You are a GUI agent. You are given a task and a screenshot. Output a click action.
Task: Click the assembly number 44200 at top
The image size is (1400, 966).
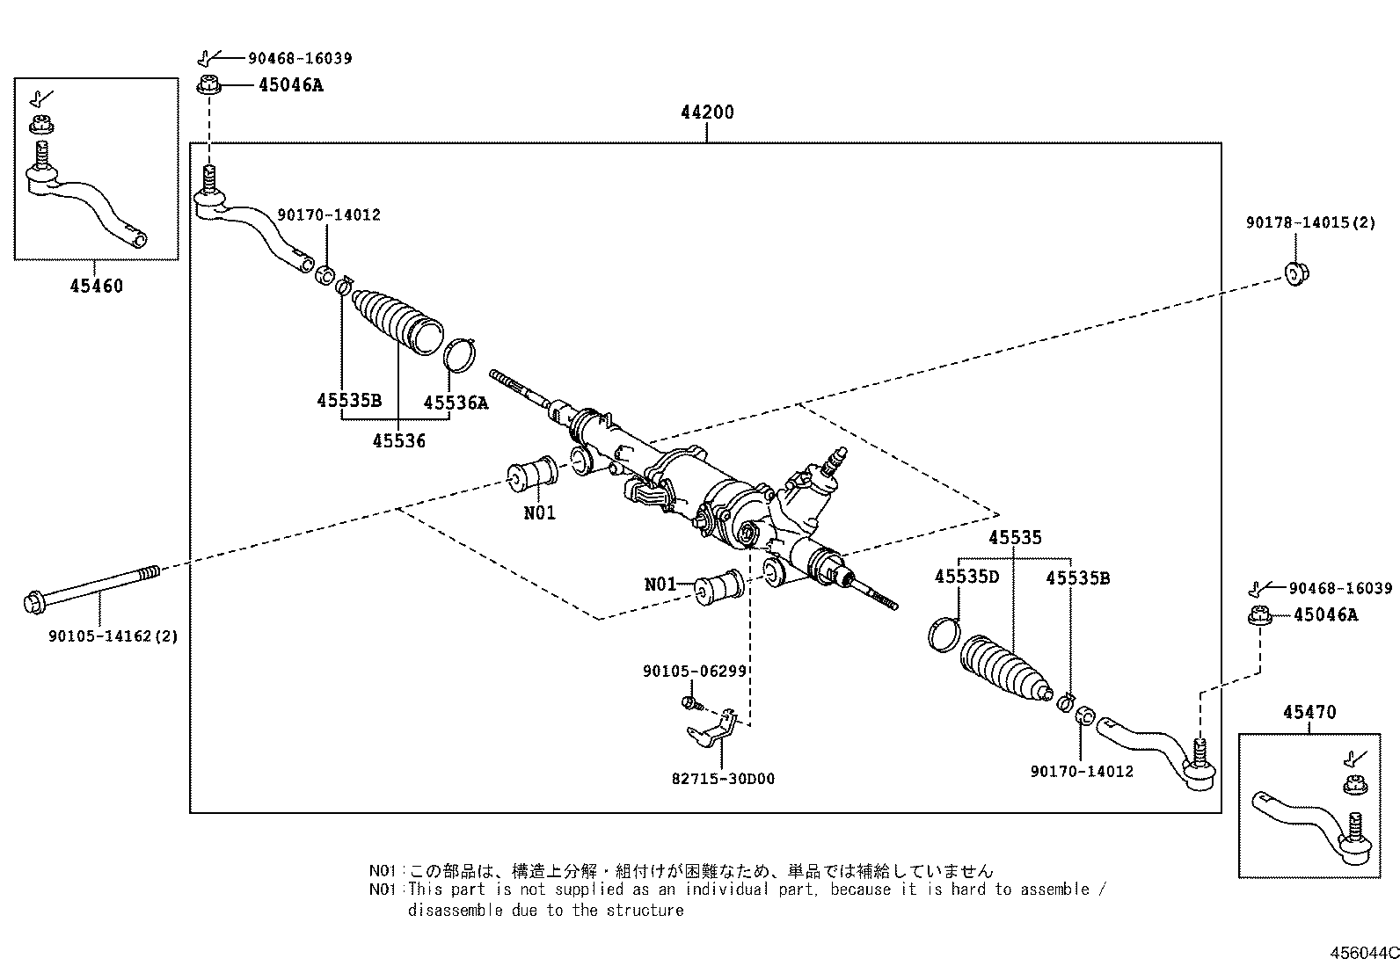(x=706, y=113)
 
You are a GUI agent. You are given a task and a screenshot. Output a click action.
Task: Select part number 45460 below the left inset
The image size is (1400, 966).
(x=97, y=286)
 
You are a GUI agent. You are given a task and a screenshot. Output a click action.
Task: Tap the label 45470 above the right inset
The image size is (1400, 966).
(x=1309, y=712)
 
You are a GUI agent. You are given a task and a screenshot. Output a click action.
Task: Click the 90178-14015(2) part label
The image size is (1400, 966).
(x=1310, y=223)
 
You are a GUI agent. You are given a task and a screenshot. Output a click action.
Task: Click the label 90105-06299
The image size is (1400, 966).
(x=694, y=671)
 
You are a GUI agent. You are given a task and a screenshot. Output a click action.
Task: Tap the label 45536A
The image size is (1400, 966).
(x=455, y=403)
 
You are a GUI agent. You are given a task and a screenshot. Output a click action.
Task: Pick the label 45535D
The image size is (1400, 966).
(x=966, y=577)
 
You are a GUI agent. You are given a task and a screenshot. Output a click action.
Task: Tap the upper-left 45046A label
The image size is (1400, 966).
(x=290, y=85)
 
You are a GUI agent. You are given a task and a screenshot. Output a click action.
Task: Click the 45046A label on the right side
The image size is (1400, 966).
(x=1325, y=615)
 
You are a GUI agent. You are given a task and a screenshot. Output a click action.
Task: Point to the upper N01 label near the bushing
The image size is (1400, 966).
(x=539, y=512)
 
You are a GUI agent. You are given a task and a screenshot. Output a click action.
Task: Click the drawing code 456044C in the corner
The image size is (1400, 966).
(x=1363, y=953)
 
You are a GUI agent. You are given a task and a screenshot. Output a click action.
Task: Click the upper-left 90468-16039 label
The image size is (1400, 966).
(x=300, y=58)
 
